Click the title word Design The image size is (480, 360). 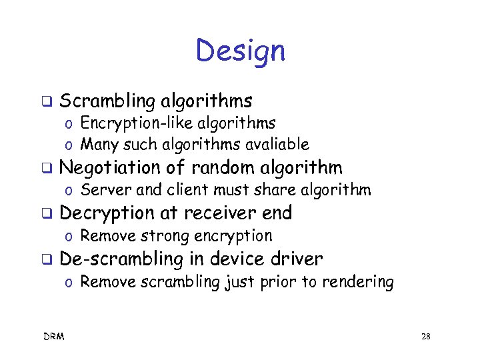[x=240, y=51]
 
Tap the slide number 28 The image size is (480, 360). [x=425, y=337]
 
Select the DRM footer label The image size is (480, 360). [x=55, y=337]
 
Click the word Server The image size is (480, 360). [x=101, y=190]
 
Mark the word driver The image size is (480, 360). [x=299, y=259]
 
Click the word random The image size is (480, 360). [x=223, y=167]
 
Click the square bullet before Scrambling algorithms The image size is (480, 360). [x=47, y=102]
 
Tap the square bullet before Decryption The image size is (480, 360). [x=47, y=214]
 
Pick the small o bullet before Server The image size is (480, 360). [x=69, y=191]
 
